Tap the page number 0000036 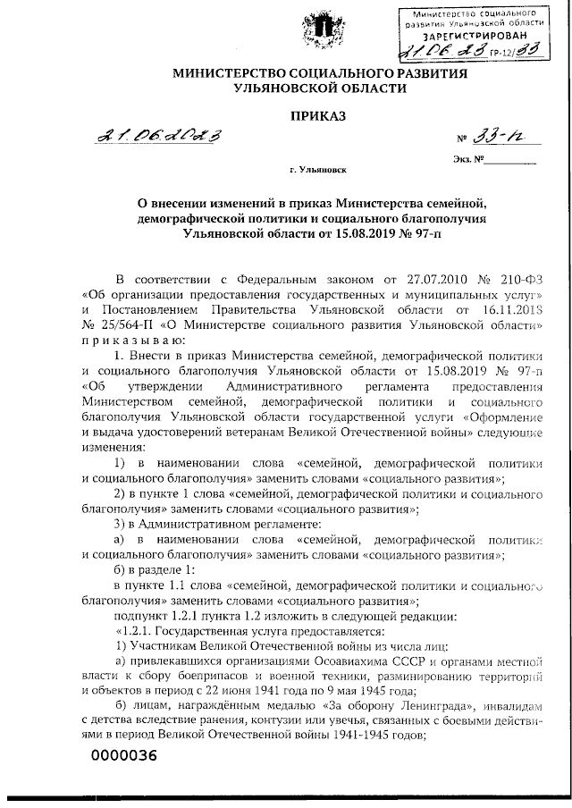coord(123,756)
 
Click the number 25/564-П coord(130,324)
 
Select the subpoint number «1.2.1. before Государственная coord(137,629)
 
